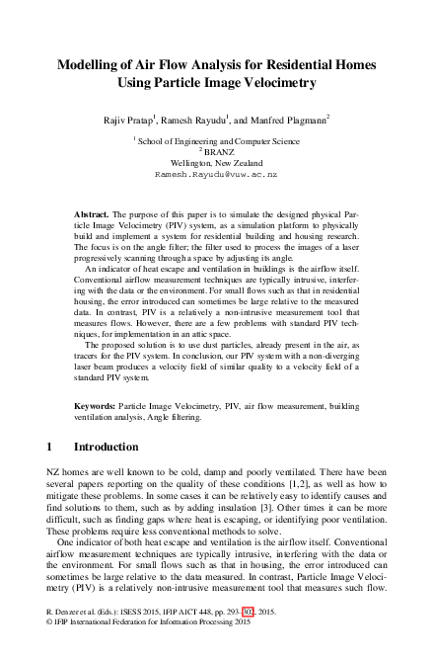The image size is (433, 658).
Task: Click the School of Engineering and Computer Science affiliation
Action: (x=218, y=141)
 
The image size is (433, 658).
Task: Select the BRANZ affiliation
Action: (x=218, y=152)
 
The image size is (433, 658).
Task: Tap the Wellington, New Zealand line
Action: (x=216, y=162)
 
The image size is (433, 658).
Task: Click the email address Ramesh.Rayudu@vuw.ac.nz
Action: (x=216, y=173)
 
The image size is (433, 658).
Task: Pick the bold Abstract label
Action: (x=93, y=213)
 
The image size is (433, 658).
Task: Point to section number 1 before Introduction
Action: (x=51, y=447)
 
